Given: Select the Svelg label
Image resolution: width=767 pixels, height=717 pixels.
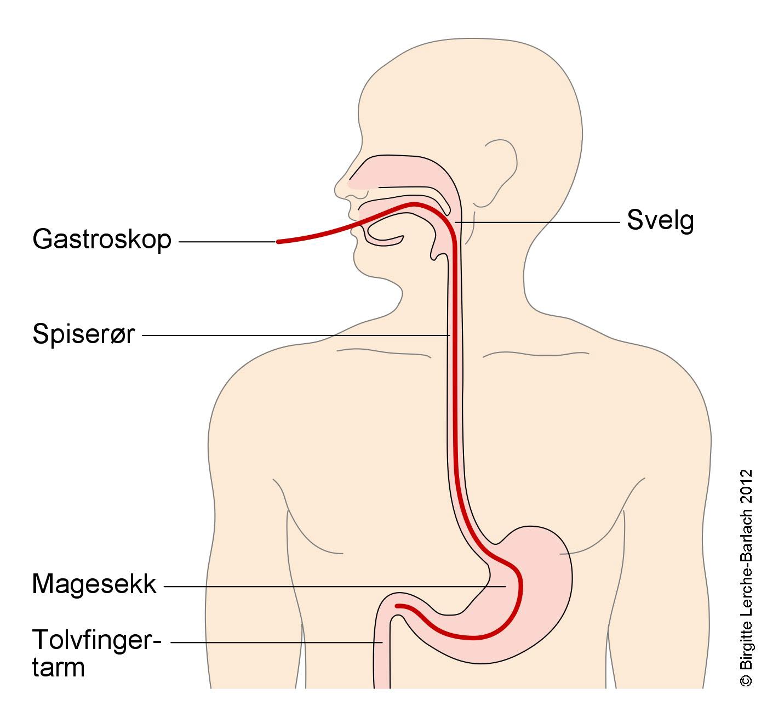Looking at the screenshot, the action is coord(660,221).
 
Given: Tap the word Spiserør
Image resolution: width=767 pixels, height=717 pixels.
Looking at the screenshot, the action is coord(84,334).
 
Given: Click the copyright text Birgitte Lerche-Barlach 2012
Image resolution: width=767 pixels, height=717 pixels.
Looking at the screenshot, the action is coord(746,570).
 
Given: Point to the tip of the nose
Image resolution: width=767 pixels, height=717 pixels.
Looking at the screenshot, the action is coord(336,190).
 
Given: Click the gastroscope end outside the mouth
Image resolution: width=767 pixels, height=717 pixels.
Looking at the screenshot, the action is coord(278,242).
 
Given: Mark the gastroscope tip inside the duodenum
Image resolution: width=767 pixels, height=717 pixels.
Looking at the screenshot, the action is coord(397,606).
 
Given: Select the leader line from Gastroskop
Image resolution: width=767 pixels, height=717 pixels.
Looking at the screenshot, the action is coord(227,242).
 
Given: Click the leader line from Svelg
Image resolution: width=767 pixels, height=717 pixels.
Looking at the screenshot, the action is coord(537,222).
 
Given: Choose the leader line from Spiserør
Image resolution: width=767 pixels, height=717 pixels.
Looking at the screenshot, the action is coord(296,335).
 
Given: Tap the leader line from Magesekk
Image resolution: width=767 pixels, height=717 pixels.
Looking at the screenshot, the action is coord(335,587).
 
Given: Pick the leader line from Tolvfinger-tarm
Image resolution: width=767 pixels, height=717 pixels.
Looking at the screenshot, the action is coord(277,643).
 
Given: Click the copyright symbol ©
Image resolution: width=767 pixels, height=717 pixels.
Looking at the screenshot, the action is coord(746,681).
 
